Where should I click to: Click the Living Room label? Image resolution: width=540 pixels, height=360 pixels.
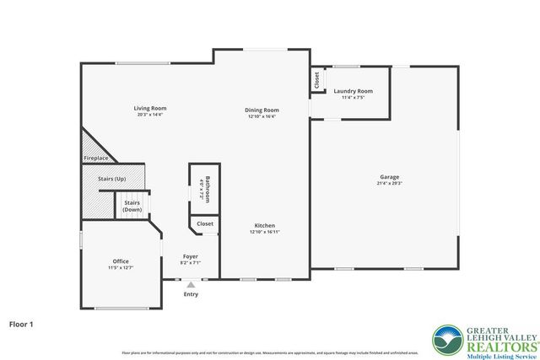[x=149, y=108]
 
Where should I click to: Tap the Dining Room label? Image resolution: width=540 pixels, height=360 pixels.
[x=262, y=110]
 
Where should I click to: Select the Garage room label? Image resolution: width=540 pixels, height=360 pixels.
[x=389, y=177]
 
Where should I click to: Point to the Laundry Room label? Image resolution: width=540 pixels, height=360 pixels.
[x=353, y=91]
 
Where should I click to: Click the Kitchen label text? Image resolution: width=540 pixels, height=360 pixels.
[x=265, y=225]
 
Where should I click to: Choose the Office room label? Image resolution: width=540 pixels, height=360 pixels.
[x=121, y=261]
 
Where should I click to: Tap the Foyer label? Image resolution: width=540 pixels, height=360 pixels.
[x=191, y=256]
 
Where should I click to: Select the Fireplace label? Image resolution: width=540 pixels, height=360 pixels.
[x=95, y=159]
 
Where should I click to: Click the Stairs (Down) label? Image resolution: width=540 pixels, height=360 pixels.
[x=132, y=206]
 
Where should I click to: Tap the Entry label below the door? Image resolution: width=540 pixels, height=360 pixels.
[x=192, y=294]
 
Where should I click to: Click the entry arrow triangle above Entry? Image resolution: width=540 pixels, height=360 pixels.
[x=191, y=285]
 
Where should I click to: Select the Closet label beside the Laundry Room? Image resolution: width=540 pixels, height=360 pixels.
[x=317, y=80]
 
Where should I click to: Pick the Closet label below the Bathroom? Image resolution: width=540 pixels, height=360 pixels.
[x=205, y=224]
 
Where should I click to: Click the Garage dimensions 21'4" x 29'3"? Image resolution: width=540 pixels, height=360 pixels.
[x=389, y=183]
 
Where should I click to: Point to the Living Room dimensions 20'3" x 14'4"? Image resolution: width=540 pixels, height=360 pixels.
[x=149, y=114]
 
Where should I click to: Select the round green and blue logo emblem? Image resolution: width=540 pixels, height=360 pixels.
[x=447, y=340]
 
